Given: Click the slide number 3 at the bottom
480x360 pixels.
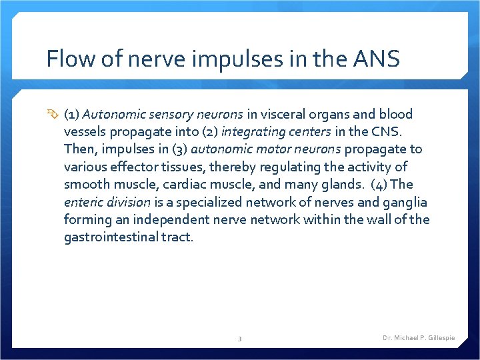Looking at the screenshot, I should pos(240,339).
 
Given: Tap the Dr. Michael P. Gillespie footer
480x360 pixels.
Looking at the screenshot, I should pos(419,338).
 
